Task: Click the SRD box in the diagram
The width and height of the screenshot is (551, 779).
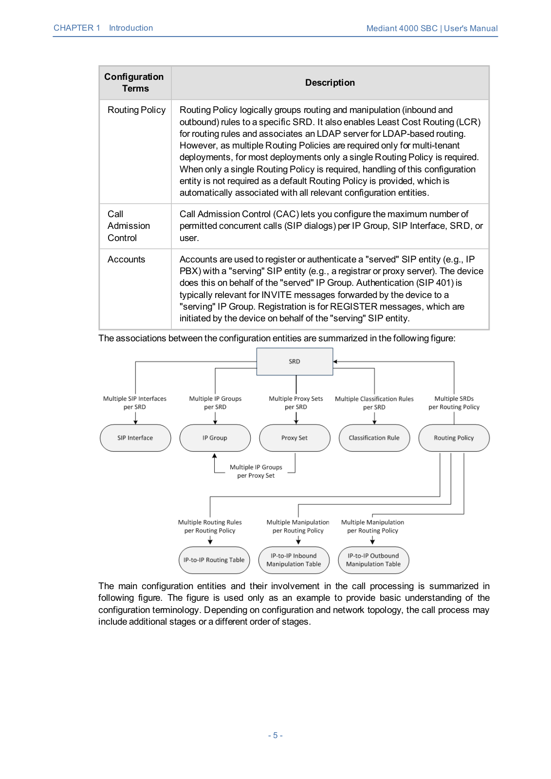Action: [x=294, y=361]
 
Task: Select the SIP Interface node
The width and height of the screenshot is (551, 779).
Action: [x=135, y=438]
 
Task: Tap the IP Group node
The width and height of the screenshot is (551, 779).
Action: [x=215, y=438]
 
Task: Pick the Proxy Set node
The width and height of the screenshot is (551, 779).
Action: [x=294, y=438]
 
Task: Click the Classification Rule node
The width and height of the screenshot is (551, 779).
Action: [x=374, y=438]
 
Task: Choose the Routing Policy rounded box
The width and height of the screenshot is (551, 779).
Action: [x=454, y=438]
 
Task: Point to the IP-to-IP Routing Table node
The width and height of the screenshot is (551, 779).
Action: [x=214, y=560]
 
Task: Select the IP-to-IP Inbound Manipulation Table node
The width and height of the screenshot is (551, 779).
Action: [x=294, y=560]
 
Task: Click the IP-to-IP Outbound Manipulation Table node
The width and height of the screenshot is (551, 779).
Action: [x=373, y=560]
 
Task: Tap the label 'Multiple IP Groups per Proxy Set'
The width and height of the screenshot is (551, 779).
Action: [x=256, y=471]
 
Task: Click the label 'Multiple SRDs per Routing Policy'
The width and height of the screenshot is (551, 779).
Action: [x=454, y=403]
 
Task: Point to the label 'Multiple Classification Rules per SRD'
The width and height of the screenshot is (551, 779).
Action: [x=374, y=403]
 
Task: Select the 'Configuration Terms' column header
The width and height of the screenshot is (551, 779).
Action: [x=135, y=83]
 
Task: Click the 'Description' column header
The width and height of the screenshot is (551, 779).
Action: [x=330, y=83]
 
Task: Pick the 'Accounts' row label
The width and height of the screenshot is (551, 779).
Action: [x=126, y=260]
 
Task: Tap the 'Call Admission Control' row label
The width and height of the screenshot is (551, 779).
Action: [x=128, y=226]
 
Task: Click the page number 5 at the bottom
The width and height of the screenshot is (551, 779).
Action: [x=275, y=735]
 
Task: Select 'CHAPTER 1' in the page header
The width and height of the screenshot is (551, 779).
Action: [x=77, y=28]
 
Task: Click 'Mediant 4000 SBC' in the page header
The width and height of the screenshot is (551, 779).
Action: [x=402, y=28]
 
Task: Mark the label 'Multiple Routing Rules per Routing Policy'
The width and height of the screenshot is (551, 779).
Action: [x=210, y=526]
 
